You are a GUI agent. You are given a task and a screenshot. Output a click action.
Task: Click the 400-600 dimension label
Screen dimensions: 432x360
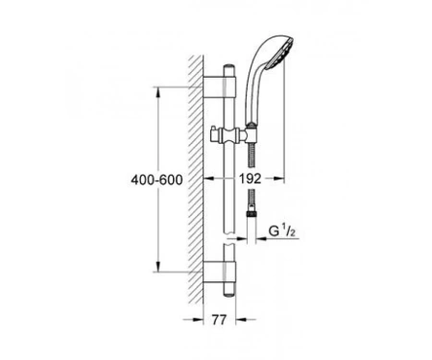point(156,180)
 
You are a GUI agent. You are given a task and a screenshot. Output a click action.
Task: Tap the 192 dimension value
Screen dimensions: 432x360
point(251,179)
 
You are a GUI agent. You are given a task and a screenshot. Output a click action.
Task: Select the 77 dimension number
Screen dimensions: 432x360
point(219,320)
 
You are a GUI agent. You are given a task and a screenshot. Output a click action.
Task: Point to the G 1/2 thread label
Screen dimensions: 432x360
point(281,231)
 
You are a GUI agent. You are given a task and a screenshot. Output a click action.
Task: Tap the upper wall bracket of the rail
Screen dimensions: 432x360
point(220,87)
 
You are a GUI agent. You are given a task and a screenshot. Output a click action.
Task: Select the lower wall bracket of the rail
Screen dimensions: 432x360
point(220,272)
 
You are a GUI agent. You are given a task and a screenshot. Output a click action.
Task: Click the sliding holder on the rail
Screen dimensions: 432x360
point(228,135)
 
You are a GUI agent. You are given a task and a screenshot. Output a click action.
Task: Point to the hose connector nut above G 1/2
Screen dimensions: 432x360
point(252,214)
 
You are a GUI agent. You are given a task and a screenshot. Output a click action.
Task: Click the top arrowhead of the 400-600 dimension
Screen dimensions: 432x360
point(158,92)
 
